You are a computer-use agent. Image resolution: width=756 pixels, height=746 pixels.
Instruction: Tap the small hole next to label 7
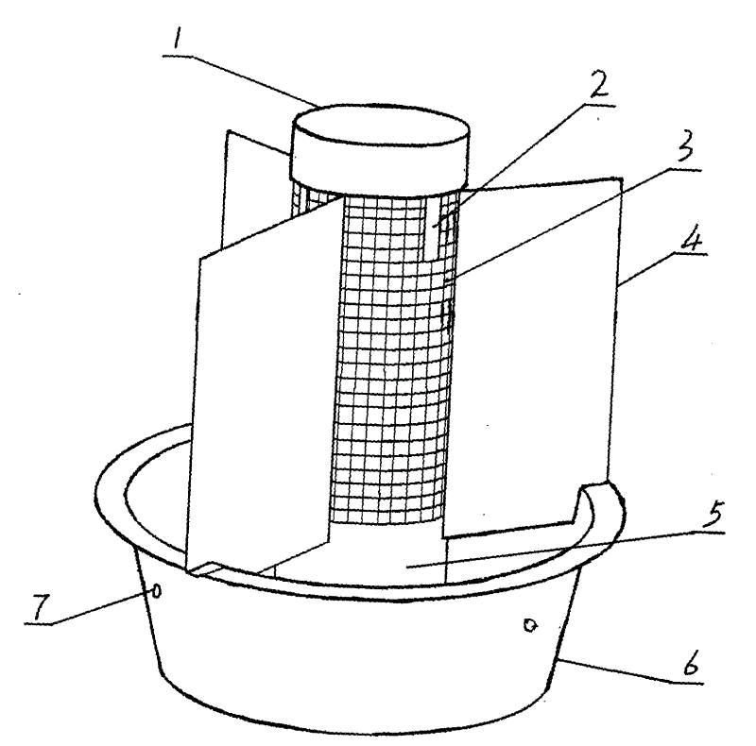click(x=157, y=592)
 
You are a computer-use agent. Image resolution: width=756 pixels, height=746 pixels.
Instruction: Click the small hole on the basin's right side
click(x=530, y=624)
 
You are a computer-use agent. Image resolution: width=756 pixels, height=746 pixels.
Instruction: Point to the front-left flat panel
click(x=260, y=397)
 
